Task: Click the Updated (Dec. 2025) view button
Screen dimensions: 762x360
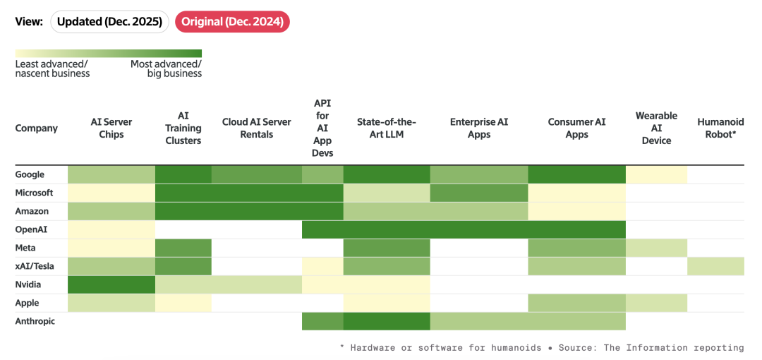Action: point(109,23)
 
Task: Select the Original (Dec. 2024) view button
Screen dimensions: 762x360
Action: point(232,23)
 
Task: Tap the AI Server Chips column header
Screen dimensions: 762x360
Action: point(111,128)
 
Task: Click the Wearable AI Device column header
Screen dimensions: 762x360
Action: point(656,128)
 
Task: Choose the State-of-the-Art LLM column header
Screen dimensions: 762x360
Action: point(387,128)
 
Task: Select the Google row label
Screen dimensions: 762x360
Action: point(30,174)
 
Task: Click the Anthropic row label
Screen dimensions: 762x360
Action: point(35,321)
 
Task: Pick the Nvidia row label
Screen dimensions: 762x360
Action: point(28,284)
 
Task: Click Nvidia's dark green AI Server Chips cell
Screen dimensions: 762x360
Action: point(111,284)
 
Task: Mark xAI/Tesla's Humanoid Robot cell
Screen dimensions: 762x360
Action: point(716,266)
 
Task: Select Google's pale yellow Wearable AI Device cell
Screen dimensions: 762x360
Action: point(656,174)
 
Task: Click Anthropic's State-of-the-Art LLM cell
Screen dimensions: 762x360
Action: point(387,321)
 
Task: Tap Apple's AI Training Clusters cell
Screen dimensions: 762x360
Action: point(183,303)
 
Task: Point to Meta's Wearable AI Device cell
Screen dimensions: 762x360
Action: point(656,248)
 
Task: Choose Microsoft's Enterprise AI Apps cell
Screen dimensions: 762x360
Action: point(479,193)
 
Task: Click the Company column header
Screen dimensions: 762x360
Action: point(37,128)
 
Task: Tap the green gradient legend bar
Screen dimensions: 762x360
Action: point(109,54)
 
